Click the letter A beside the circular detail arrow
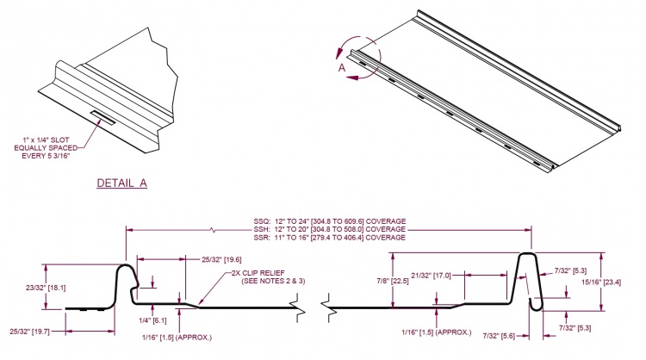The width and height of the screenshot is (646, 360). (x=341, y=65)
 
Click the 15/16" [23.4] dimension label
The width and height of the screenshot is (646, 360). (x=613, y=281)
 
